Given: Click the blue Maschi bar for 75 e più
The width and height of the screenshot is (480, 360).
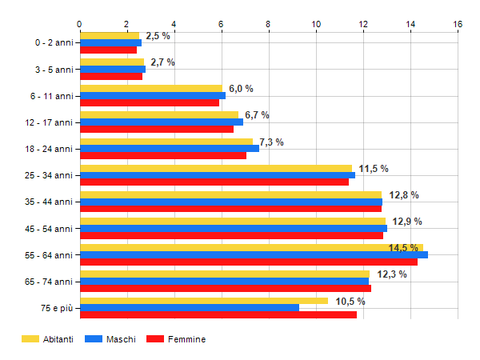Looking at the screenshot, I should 189,307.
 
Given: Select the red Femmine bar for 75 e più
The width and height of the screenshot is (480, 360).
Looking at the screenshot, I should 218,314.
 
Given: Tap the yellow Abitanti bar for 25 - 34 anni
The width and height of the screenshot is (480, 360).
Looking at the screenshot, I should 215,168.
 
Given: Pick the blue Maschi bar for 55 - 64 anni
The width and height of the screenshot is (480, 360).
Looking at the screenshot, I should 254,254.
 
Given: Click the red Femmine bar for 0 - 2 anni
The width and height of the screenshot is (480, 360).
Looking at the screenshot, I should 108,50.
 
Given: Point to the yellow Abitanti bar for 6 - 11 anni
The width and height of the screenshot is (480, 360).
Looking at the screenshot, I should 150,89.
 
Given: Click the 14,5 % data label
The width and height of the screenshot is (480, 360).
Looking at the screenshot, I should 403,248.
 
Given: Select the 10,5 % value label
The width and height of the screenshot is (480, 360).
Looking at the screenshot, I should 350,301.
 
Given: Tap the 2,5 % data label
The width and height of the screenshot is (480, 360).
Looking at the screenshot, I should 158,36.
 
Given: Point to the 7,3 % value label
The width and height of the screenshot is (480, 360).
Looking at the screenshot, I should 271,142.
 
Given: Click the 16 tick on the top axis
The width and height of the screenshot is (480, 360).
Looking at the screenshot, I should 458,24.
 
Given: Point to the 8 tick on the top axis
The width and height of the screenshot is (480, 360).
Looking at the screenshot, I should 269,24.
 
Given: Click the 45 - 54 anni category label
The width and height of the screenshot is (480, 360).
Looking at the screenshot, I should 49,228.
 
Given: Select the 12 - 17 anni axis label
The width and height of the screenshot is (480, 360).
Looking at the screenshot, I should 49,122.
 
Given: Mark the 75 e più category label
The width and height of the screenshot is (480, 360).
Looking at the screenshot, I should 56,307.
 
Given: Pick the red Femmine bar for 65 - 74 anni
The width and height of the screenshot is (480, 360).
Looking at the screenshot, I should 225,288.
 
